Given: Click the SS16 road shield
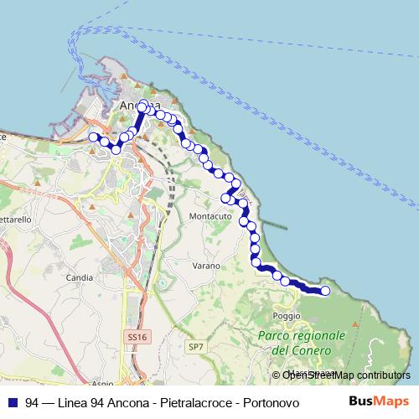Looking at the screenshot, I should point(137,336).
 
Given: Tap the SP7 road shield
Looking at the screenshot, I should point(196,345).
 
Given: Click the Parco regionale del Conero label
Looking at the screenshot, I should point(303,342).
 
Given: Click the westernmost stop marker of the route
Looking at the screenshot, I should point(93,137).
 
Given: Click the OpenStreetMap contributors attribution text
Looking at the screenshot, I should point(346,375).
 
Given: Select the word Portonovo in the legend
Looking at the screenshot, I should point(274,402).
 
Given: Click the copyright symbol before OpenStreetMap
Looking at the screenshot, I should point(277,375).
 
